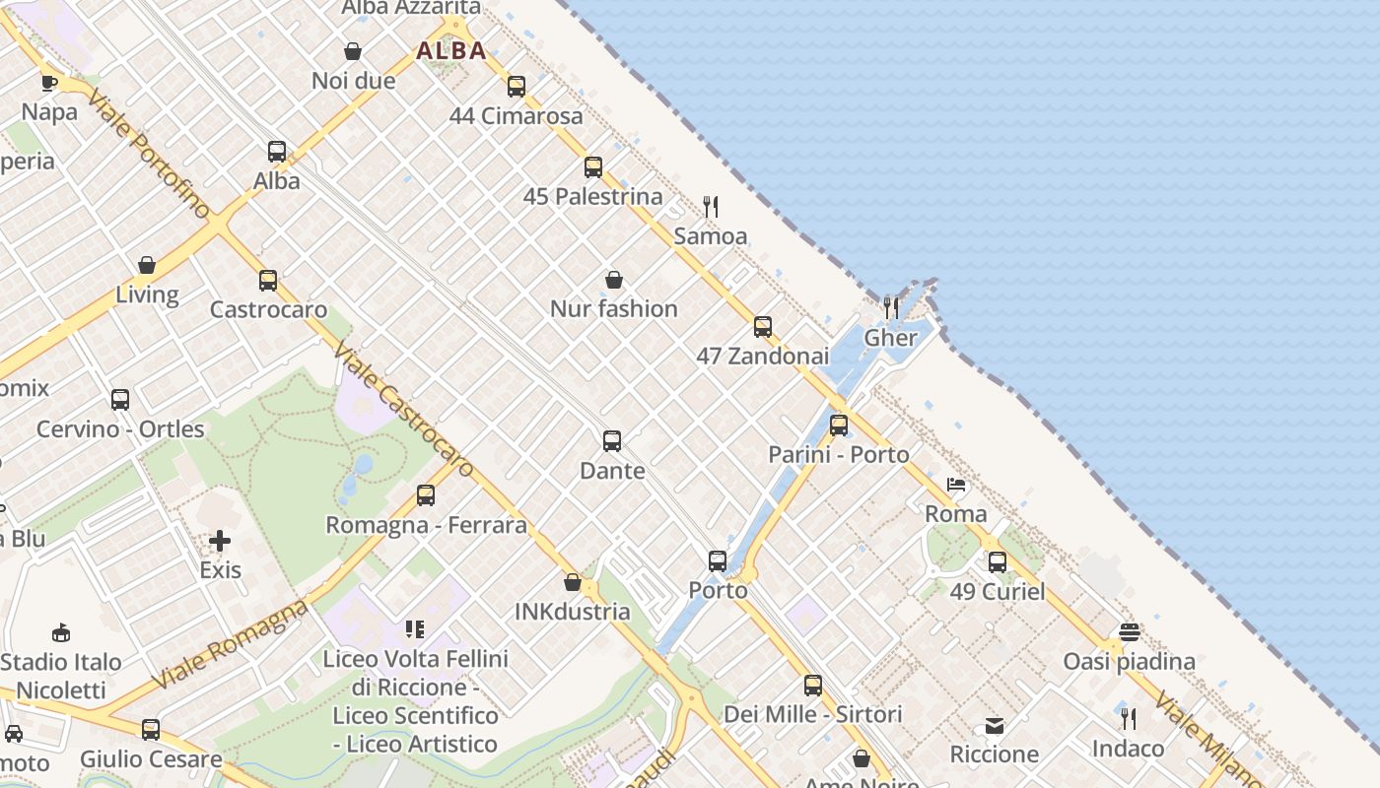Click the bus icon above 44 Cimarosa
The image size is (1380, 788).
pos(517,87)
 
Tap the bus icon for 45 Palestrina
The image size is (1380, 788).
pos(592,167)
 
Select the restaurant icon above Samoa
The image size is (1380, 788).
pos(711,207)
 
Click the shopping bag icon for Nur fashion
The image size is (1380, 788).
pos(614,280)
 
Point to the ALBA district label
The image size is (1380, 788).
pos(451,51)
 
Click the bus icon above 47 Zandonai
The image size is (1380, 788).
pos(763,327)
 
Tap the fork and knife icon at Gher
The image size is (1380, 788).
pos(891,308)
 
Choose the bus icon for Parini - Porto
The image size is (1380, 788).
pos(839,426)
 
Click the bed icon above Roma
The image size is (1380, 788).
pos(956,485)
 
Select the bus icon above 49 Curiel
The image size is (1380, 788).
pos(998,562)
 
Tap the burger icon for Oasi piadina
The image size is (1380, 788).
pos(1130,632)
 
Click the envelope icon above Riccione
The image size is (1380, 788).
pos(995,726)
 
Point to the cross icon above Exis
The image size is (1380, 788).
pos(220,541)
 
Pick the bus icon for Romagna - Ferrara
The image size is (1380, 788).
pos(426,495)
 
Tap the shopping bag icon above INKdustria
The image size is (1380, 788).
pos(573,582)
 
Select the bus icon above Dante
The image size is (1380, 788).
pos(612,441)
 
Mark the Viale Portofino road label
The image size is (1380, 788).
pos(148,153)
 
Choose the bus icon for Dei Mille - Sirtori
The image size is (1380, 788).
pos(813,686)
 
